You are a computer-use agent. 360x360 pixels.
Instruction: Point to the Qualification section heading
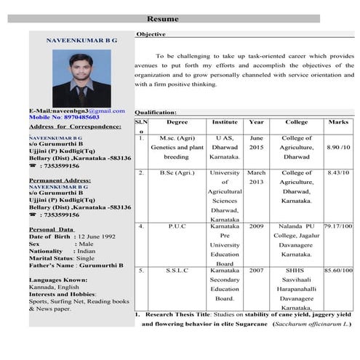coord(156,113)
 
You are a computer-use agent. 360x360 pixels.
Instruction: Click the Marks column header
coord(338,122)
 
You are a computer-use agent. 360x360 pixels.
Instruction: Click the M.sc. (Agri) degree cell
coord(176,137)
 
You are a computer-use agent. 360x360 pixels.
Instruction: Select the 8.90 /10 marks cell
coord(338,147)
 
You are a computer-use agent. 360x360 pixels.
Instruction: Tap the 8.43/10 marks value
coord(338,173)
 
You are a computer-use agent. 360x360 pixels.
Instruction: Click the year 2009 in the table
coord(256,226)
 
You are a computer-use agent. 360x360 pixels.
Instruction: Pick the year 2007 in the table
coord(256,271)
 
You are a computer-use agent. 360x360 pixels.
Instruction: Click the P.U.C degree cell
coord(177,226)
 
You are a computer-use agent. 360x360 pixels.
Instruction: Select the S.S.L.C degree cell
coord(177,271)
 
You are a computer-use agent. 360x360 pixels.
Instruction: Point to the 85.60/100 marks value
coord(338,271)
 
